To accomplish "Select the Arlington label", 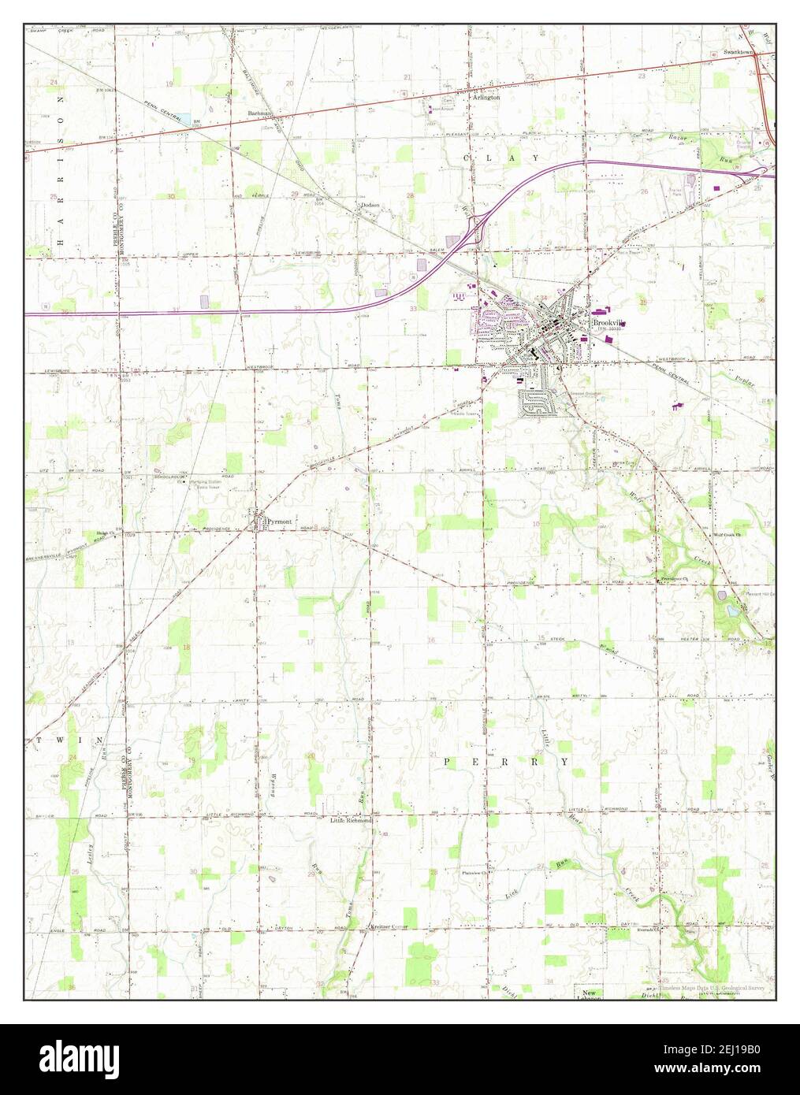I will [486, 98].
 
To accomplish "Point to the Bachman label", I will [259, 113].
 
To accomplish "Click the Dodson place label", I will [370, 205].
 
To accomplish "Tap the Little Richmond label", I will [350, 820].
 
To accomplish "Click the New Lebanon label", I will [592, 996].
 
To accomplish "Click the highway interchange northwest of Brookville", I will [474, 228].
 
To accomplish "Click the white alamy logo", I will [79, 1060].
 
